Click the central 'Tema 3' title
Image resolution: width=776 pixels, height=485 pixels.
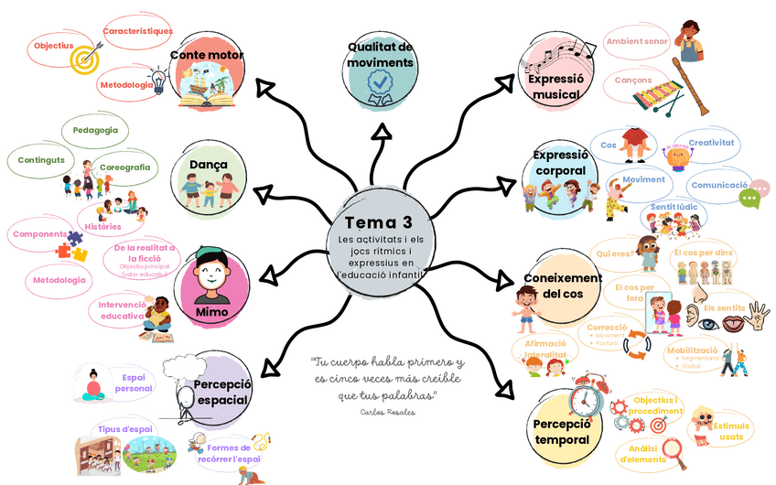[378, 222]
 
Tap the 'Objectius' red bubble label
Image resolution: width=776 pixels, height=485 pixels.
[54, 46]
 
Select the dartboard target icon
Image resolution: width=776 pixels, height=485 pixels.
[84, 59]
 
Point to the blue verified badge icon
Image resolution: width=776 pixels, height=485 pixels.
[379, 86]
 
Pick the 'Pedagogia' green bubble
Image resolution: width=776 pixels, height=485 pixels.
[95, 130]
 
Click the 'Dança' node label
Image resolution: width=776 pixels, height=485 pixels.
[209, 166]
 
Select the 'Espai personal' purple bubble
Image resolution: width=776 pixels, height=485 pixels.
[134, 383]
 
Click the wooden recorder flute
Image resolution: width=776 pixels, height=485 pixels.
[690, 87]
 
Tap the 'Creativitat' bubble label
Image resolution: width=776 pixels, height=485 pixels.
[711, 143]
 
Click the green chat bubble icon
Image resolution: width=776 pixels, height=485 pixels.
[750, 198]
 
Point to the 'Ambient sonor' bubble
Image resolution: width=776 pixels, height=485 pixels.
[637, 41]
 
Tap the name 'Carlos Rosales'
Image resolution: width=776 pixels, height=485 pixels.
[388, 413]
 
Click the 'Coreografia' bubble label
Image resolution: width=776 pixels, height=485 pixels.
[125, 167]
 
